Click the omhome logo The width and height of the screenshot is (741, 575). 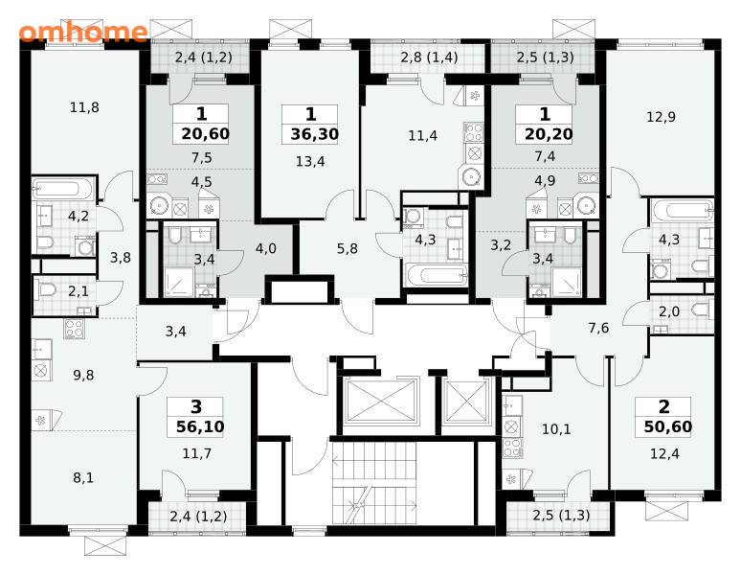point(83,32)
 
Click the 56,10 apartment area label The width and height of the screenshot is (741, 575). point(200,426)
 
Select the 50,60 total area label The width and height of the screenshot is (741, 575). point(667,427)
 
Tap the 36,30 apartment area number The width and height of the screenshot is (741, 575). point(314,134)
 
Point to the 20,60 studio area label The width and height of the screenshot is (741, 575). point(205,134)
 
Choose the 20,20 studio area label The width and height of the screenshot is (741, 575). point(549,134)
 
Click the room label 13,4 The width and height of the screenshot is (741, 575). point(310,162)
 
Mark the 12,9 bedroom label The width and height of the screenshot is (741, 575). point(661,117)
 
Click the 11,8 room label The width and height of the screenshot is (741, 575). point(84,107)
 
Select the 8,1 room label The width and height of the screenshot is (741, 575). point(83,478)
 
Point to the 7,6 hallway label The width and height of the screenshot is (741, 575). point(598,328)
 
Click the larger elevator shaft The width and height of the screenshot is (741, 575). point(380,401)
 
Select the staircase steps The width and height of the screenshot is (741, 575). point(374,483)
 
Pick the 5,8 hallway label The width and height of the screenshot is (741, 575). point(347,248)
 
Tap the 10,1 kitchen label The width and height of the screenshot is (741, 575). point(556,429)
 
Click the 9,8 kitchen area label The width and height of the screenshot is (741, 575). point(83,376)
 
